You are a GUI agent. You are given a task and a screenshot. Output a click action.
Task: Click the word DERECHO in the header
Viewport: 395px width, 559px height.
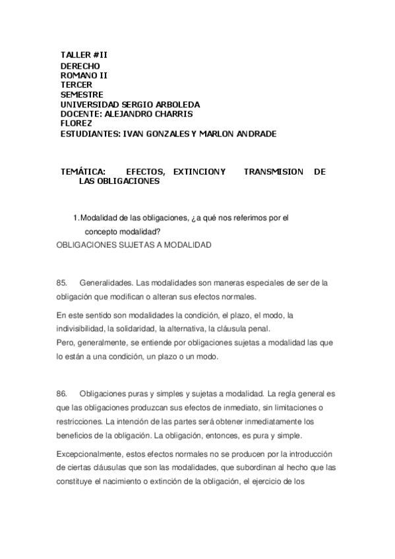pyautogui.click(x=80, y=66)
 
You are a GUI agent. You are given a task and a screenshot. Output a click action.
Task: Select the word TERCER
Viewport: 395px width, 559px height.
pyautogui.click(x=77, y=85)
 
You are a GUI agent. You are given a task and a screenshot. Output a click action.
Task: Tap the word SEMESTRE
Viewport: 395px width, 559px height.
pyautogui.click(x=82, y=94)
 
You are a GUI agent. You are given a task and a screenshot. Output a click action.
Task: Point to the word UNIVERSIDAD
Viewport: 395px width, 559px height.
pyautogui.click(x=90, y=104)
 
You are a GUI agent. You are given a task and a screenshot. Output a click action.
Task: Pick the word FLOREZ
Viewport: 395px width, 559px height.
pyautogui.click(x=76, y=123)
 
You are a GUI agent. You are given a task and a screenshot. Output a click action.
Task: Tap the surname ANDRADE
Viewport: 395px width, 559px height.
pyautogui.click(x=253, y=133)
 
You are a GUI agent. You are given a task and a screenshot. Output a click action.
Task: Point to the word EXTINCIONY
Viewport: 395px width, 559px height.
pyautogui.click(x=198, y=171)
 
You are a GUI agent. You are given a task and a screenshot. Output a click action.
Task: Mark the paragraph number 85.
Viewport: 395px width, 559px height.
pyautogui.click(x=62, y=283)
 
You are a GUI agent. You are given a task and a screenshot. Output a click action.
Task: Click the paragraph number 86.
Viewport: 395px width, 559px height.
pyautogui.click(x=62, y=394)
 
